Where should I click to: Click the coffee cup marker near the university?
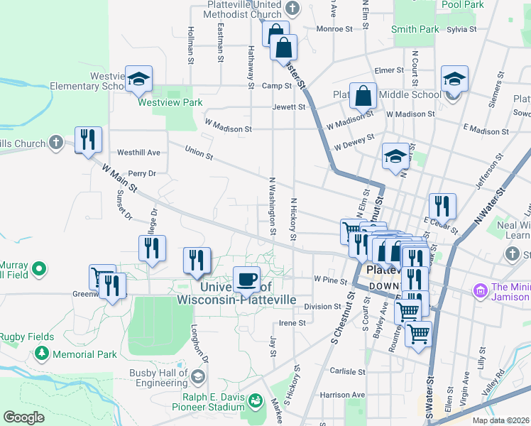(x=246, y=278)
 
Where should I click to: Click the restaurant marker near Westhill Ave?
(x=88, y=138)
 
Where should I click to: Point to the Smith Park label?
(x=415, y=30)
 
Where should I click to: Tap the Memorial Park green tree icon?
(x=42, y=353)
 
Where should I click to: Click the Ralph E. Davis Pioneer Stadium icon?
(x=254, y=403)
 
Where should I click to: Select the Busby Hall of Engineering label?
(x=158, y=378)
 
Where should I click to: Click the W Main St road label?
(x=118, y=178)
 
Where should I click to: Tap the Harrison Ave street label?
(x=341, y=395)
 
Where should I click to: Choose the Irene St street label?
(x=292, y=322)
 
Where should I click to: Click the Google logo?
(x=23, y=417)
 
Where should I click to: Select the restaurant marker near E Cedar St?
(x=442, y=206)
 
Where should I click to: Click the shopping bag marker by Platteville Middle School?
(x=363, y=97)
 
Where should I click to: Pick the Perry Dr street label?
(x=142, y=173)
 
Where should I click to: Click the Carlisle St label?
(x=346, y=371)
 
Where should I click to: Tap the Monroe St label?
(x=334, y=29)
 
